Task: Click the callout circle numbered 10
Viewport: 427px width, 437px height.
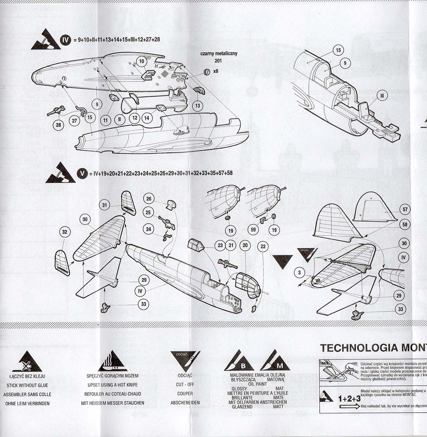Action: (142, 62)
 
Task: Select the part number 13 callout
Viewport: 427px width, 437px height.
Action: (197, 106)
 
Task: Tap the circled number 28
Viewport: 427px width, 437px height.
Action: (59, 125)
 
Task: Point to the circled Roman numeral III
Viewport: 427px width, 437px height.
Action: (382, 96)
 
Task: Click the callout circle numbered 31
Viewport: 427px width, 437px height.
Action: (105, 205)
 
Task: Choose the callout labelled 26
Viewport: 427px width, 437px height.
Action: (149, 199)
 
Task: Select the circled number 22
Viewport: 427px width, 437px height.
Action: (263, 247)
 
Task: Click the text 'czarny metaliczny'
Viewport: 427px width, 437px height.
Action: (219, 54)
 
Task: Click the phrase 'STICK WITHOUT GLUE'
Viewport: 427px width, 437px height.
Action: (27, 385)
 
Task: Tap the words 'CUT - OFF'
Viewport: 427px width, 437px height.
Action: (185, 385)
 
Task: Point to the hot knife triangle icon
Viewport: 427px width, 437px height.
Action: (113, 362)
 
